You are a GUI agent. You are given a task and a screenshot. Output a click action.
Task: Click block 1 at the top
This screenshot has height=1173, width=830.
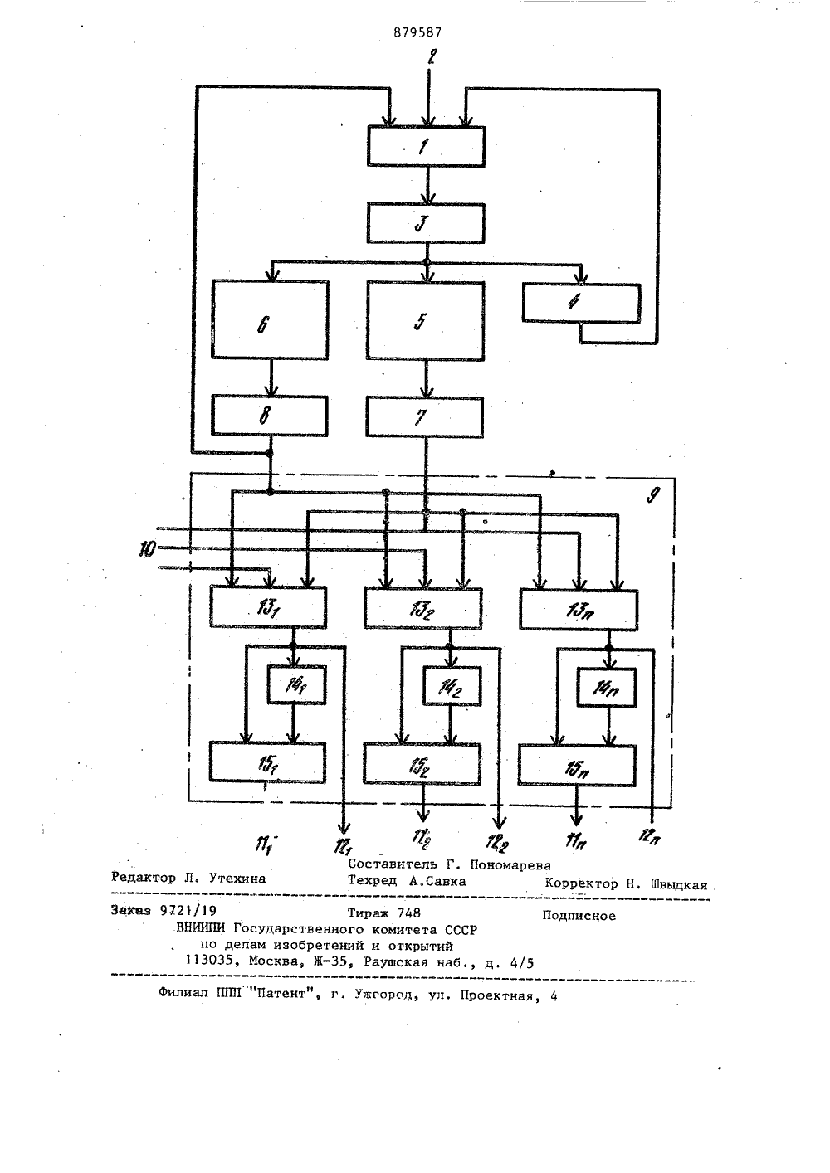click(426, 147)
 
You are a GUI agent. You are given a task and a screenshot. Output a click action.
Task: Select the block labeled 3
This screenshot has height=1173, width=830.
click(426, 224)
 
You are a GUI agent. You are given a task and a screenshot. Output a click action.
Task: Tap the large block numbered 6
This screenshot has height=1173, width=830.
click(271, 320)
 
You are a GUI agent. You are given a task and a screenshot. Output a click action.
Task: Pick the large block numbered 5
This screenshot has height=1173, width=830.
click(425, 321)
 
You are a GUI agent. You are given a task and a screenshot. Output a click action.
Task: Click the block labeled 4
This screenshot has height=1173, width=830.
click(581, 303)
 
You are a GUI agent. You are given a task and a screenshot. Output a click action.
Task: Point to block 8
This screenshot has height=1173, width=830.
click(270, 416)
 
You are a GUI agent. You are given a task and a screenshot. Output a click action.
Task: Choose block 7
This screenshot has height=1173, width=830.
click(424, 417)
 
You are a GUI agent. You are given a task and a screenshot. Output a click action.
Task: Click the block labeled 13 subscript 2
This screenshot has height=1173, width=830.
click(422, 609)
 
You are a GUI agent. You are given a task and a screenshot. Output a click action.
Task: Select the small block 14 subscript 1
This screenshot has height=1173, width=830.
click(296, 685)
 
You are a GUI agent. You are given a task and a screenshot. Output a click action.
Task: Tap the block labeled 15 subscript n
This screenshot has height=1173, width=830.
click(577, 765)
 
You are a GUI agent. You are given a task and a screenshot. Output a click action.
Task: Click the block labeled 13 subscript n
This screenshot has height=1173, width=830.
click(579, 610)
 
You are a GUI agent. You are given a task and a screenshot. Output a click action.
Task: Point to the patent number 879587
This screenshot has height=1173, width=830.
click(417, 32)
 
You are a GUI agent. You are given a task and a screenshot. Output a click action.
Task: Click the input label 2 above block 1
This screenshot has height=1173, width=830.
click(432, 56)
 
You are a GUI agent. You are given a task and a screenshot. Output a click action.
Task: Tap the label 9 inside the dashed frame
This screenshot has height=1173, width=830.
click(653, 494)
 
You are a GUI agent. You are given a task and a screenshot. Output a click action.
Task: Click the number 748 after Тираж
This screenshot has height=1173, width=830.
click(409, 913)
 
